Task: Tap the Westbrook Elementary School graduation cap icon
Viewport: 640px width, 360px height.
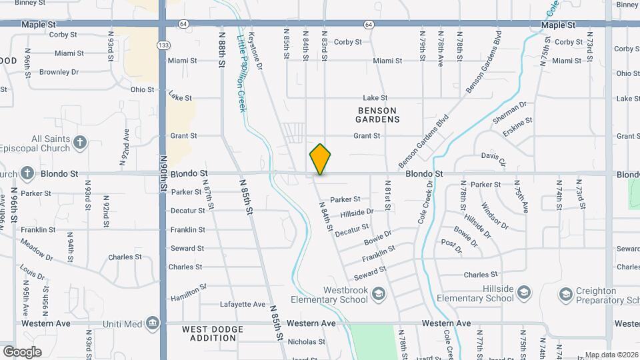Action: (378, 294)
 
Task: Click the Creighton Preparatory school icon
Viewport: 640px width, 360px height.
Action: (566, 294)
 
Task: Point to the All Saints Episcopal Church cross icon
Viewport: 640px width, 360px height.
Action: (80, 142)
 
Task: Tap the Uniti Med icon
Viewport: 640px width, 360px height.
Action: (153, 323)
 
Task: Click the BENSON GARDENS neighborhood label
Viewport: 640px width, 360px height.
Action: (377, 115)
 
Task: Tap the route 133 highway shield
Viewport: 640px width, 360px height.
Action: (163, 45)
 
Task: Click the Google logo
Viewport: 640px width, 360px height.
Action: (22, 351)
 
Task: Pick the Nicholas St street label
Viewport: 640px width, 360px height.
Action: (306, 342)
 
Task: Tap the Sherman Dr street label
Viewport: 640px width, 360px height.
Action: (509, 113)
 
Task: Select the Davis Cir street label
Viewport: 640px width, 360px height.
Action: (494, 158)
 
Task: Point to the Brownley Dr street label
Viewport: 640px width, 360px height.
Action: (59, 72)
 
